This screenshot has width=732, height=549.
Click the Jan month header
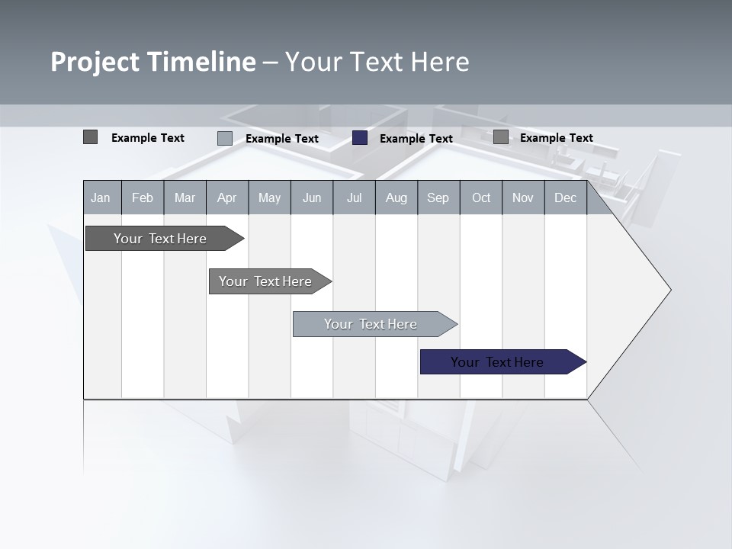(x=101, y=197)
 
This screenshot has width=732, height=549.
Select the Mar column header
(x=185, y=197)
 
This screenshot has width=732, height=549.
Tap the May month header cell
(x=269, y=197)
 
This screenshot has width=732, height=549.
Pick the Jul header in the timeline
(x=354, y=197)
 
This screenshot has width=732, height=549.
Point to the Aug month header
(x=396, y=197)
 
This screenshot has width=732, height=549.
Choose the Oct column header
(x=481, y=197)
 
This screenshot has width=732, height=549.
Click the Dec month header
(x=565, y=197)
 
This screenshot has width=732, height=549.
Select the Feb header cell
(x=143, y=197)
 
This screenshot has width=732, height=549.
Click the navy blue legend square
(x=360, y=138)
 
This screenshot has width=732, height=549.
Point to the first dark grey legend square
(x=90, y=137)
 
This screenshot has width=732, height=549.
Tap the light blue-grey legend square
(x=225, y=138)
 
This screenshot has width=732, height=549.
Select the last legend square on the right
(x=501, y=137)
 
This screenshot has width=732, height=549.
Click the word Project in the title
(x=95, y=62)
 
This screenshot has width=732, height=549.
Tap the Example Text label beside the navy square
(x=416, y=139)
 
